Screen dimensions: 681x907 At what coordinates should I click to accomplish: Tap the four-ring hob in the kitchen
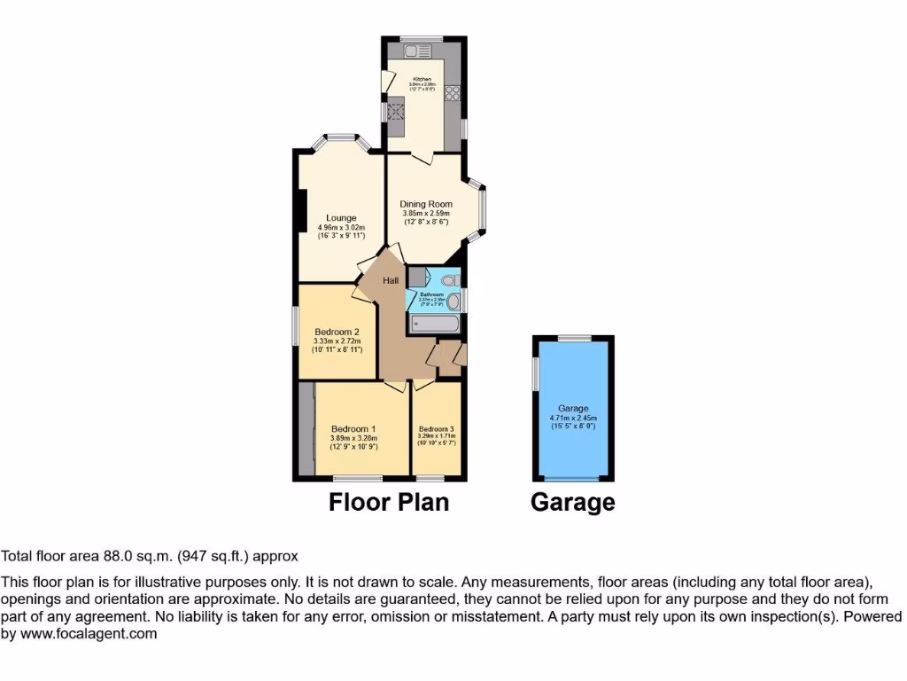453,92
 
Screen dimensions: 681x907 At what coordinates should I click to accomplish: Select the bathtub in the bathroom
434,325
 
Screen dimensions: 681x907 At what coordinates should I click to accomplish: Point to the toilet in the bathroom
449,281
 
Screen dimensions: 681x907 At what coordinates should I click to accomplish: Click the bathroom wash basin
453,302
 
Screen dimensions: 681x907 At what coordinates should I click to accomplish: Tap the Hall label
391,281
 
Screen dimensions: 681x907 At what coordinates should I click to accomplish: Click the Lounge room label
341,218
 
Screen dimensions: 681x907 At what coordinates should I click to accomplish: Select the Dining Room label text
426,204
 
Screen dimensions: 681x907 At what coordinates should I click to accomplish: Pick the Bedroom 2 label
337,332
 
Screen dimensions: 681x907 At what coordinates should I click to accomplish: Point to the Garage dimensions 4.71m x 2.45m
573,418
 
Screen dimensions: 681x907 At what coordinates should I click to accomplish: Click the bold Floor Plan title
389,502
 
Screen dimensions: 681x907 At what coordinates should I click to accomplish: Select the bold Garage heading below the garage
572,502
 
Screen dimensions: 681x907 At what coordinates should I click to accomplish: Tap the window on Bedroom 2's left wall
296,327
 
